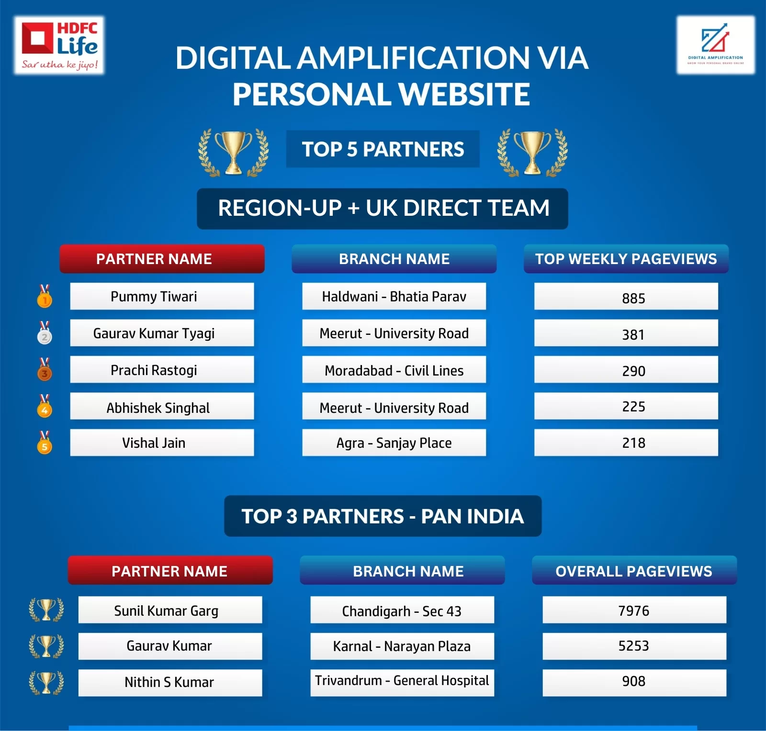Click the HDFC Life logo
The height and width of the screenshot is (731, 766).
[59, 45]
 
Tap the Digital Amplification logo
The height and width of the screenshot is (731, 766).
[715, 45]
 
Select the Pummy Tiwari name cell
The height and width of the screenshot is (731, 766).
[162, 296]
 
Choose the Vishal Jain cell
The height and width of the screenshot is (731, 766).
[162, 443]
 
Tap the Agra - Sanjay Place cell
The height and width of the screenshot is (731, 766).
[394, 443]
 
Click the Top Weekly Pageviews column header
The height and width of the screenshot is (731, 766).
[626, 259]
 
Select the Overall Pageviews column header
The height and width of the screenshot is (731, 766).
[634, 570]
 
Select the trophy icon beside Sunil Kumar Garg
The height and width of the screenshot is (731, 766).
[46, 609]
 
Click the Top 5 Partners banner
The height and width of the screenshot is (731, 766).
[383, 149]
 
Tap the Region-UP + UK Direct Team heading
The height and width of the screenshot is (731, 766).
[383, 209]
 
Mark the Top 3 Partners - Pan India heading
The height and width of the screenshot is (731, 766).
[383, 516]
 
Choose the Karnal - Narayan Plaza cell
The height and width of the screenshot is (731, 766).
[402, 646]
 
